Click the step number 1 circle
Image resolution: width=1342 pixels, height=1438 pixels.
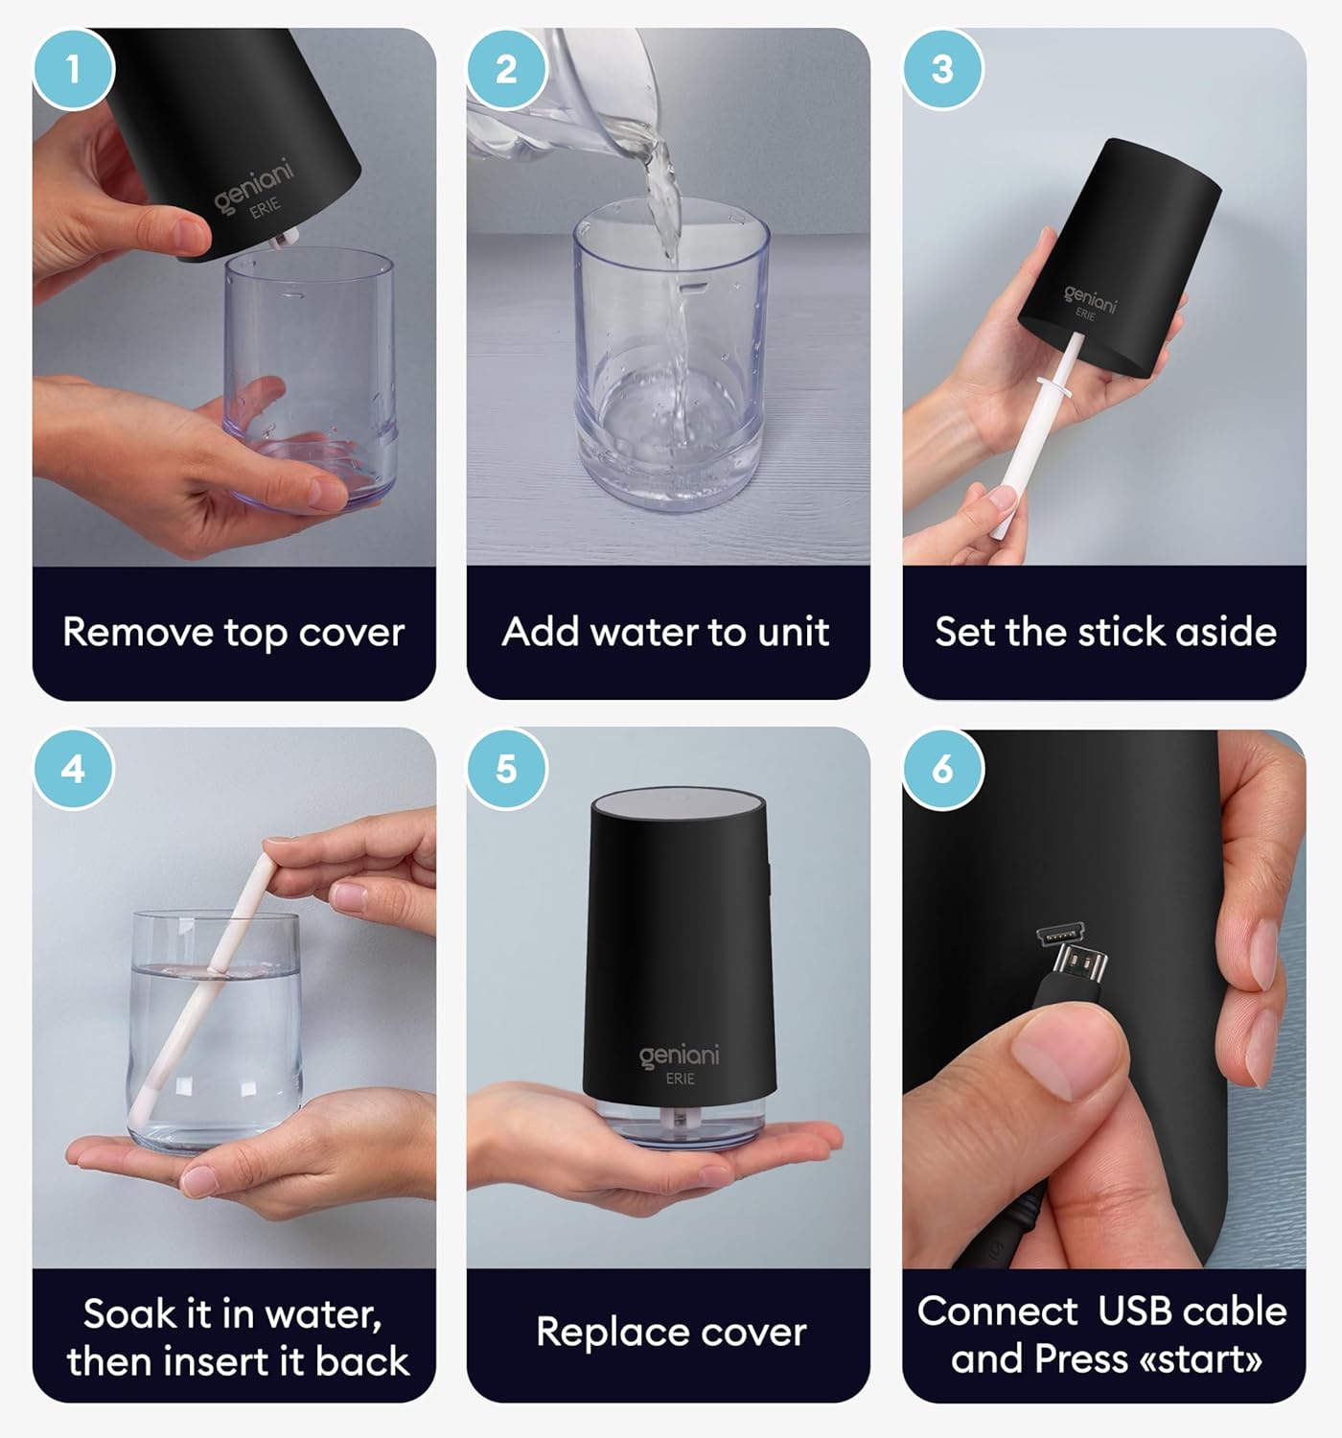(73, 69)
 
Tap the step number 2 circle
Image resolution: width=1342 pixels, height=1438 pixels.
(506, 69)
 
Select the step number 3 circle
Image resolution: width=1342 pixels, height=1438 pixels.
(942, 69)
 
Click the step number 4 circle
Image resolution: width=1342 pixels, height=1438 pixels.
(73, 769)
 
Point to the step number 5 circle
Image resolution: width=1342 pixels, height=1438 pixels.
(506, 769)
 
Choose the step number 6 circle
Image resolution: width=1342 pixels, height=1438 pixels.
(942, 769)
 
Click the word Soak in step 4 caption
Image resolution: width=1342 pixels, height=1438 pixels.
(126, 1313)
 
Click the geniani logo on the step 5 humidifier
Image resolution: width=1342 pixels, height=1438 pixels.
(679, 1056)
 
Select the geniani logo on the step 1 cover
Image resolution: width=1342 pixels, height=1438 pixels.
(252, 185)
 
